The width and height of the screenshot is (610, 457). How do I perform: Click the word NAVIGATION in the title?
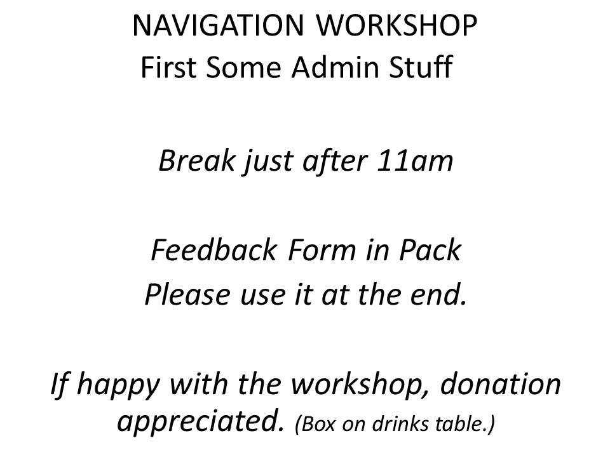[218, 25]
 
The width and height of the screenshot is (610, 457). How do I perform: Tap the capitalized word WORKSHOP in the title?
[396, 25]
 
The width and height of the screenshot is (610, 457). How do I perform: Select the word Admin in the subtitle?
[335, 67]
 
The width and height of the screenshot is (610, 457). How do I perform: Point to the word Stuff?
[421, 67]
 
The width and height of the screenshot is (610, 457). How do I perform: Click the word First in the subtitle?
[168, 67]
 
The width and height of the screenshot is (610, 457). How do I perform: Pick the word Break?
[197, 160]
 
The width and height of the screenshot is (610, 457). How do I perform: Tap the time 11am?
[415, 160]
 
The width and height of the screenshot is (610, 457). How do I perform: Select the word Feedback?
[214, 250]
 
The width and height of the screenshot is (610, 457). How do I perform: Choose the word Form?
[322, 250]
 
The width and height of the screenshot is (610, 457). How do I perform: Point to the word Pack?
[430, 250]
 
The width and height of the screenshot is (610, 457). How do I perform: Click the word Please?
[187, 295]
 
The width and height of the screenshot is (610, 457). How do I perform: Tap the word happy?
[118, 385]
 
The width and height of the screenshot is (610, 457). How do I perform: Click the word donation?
[500, 383]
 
